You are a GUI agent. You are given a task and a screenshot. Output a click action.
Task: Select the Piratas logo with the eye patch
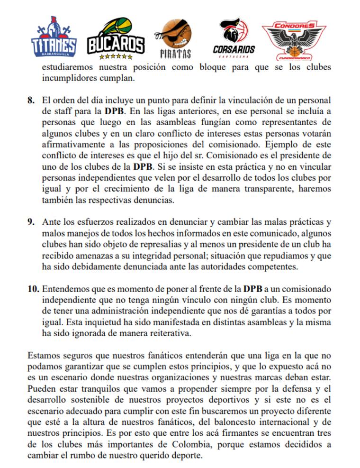176,38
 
